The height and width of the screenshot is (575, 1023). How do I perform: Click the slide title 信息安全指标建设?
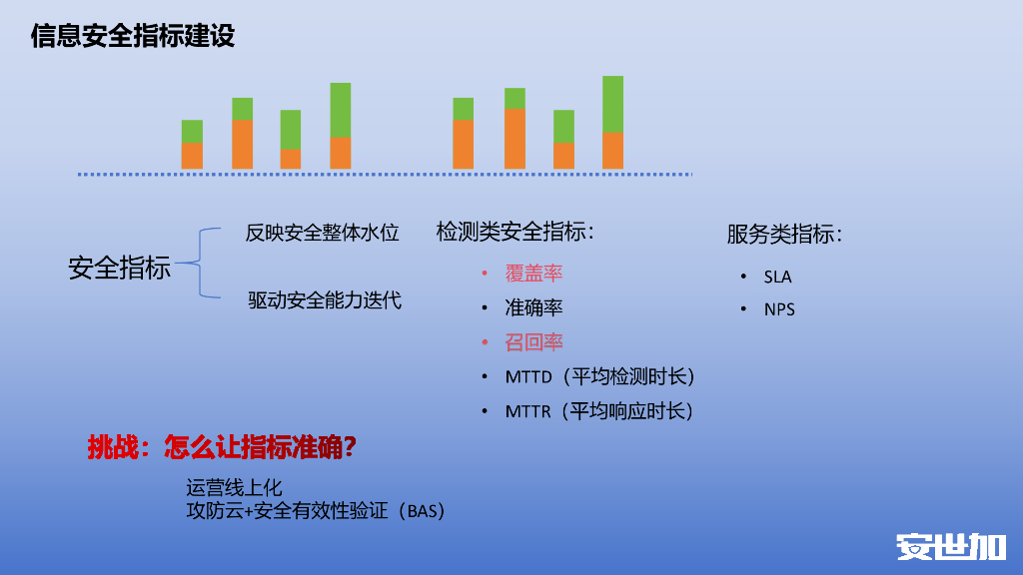tap(133, 37)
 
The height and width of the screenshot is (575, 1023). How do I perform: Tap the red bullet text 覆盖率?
tap(533, 274)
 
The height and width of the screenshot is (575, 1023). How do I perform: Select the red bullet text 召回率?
tap(533, 342)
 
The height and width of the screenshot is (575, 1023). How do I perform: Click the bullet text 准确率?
tap(533, 308)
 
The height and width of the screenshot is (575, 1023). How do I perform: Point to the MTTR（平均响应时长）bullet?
tap(598, 411)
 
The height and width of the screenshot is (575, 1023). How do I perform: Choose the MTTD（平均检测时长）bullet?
tap(598, 377)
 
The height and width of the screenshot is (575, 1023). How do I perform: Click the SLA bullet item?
tap(777, 277)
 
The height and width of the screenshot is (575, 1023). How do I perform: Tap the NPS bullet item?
tap(779, 309)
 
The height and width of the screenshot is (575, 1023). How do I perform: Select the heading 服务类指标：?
tap(784, 235)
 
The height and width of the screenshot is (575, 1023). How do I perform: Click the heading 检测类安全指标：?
tap(515, 233)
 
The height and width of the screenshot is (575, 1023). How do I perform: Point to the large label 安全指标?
tap(119, 268)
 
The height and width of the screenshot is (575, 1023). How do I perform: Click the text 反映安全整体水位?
tap(322, 234)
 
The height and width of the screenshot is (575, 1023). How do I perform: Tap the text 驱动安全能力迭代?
tap(325, 299)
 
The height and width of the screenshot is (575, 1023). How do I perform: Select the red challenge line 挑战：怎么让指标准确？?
tap(222, 448)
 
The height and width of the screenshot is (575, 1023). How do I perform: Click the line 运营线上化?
tap(234, 488)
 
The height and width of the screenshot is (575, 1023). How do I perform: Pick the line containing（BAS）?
tap(315, 511)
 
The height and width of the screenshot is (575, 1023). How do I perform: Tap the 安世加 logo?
tap(950, 547)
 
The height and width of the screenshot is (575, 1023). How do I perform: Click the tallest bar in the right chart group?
tap(612, 122)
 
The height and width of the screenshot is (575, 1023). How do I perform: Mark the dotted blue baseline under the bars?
tap(385, 175)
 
